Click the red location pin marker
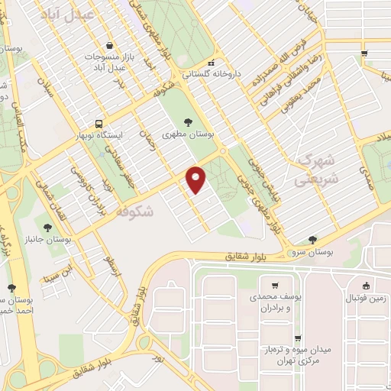point(197,179)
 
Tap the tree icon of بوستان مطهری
point(189,121)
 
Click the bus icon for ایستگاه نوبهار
point(99,123)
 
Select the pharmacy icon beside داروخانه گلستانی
point(212,63)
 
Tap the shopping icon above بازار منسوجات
point(112,46)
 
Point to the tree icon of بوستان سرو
point(312,239)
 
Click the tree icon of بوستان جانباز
point(47,228)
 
